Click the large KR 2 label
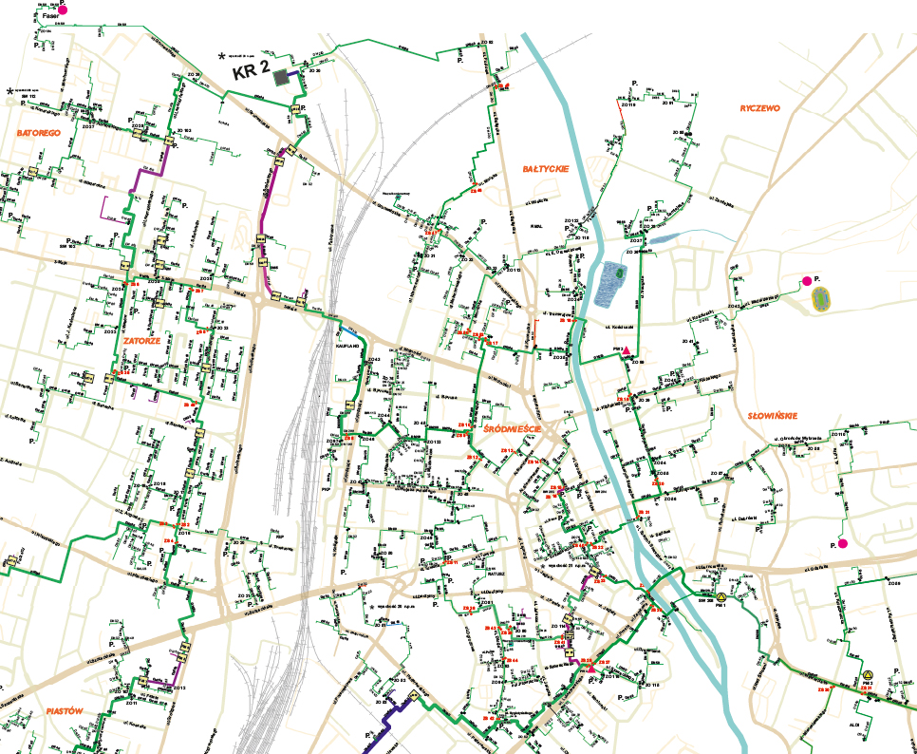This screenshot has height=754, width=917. (x=252, y=71)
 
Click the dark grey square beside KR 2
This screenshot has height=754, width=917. (x=281, y=78)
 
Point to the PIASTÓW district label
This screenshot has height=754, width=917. (x=65, y=710)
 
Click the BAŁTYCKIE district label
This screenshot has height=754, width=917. (x=546, y=168)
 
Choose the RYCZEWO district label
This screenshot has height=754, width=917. (x=759, y=108)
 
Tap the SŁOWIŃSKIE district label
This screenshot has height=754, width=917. (x=772, y=415)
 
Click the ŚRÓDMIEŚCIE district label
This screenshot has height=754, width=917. (x=511, y=429)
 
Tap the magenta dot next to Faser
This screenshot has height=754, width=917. (x=63, y=9)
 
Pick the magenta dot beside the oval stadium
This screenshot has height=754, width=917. (x=807, y=281)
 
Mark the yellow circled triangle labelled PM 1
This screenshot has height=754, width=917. (x=721, y=597)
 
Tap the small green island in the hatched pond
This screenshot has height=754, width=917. (x=618, y=273)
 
